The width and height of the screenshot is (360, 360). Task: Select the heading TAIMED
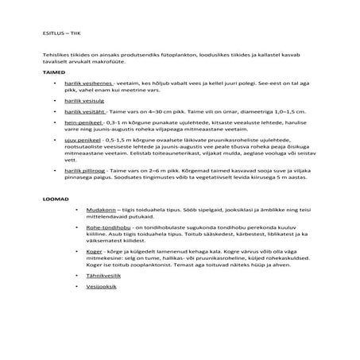click(33, 72)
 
